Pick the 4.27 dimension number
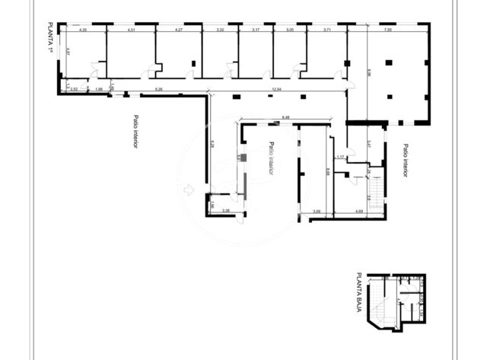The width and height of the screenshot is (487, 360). pyautogui.click(x=179, y=30)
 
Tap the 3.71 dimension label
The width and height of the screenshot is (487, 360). pyautogui.click(x=326, y=30)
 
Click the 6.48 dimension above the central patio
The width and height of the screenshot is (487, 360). pyautogui.click(x=285, y=116)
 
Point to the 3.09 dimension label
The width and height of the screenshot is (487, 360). pyautogui.click(x=317, y=211)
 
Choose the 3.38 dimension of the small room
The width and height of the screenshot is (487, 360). pyautogui.click(x=226, y=211)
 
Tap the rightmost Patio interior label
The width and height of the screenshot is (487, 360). pyautogui.click(x=406, y=160)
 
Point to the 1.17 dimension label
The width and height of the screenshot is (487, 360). pyautogui.click(x=341, y=157)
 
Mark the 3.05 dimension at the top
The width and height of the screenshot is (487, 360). pyautogui.click(x=290, y=30)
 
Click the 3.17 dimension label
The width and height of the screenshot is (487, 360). pyautogui.click(x=256, y=30)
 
